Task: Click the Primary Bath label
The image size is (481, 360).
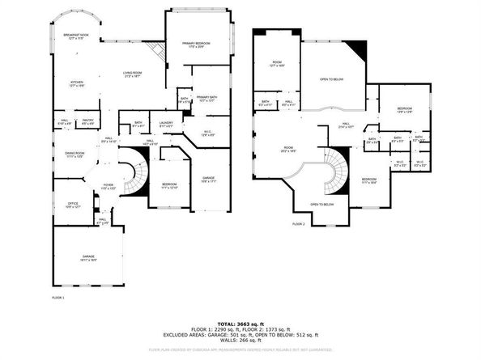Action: tap(206, 99)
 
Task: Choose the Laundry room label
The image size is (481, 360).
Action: tap(167, 125)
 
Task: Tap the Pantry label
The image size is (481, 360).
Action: tap(89, 122)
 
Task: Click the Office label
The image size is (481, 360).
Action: tap(73, 205)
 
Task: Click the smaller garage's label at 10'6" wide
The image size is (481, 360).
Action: tap(208, 180)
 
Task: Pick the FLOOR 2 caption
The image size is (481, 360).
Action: tap(298, 223)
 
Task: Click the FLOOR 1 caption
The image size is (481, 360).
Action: tap(57, 298)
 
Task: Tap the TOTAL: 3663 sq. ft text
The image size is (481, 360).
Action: tap(240, 323)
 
